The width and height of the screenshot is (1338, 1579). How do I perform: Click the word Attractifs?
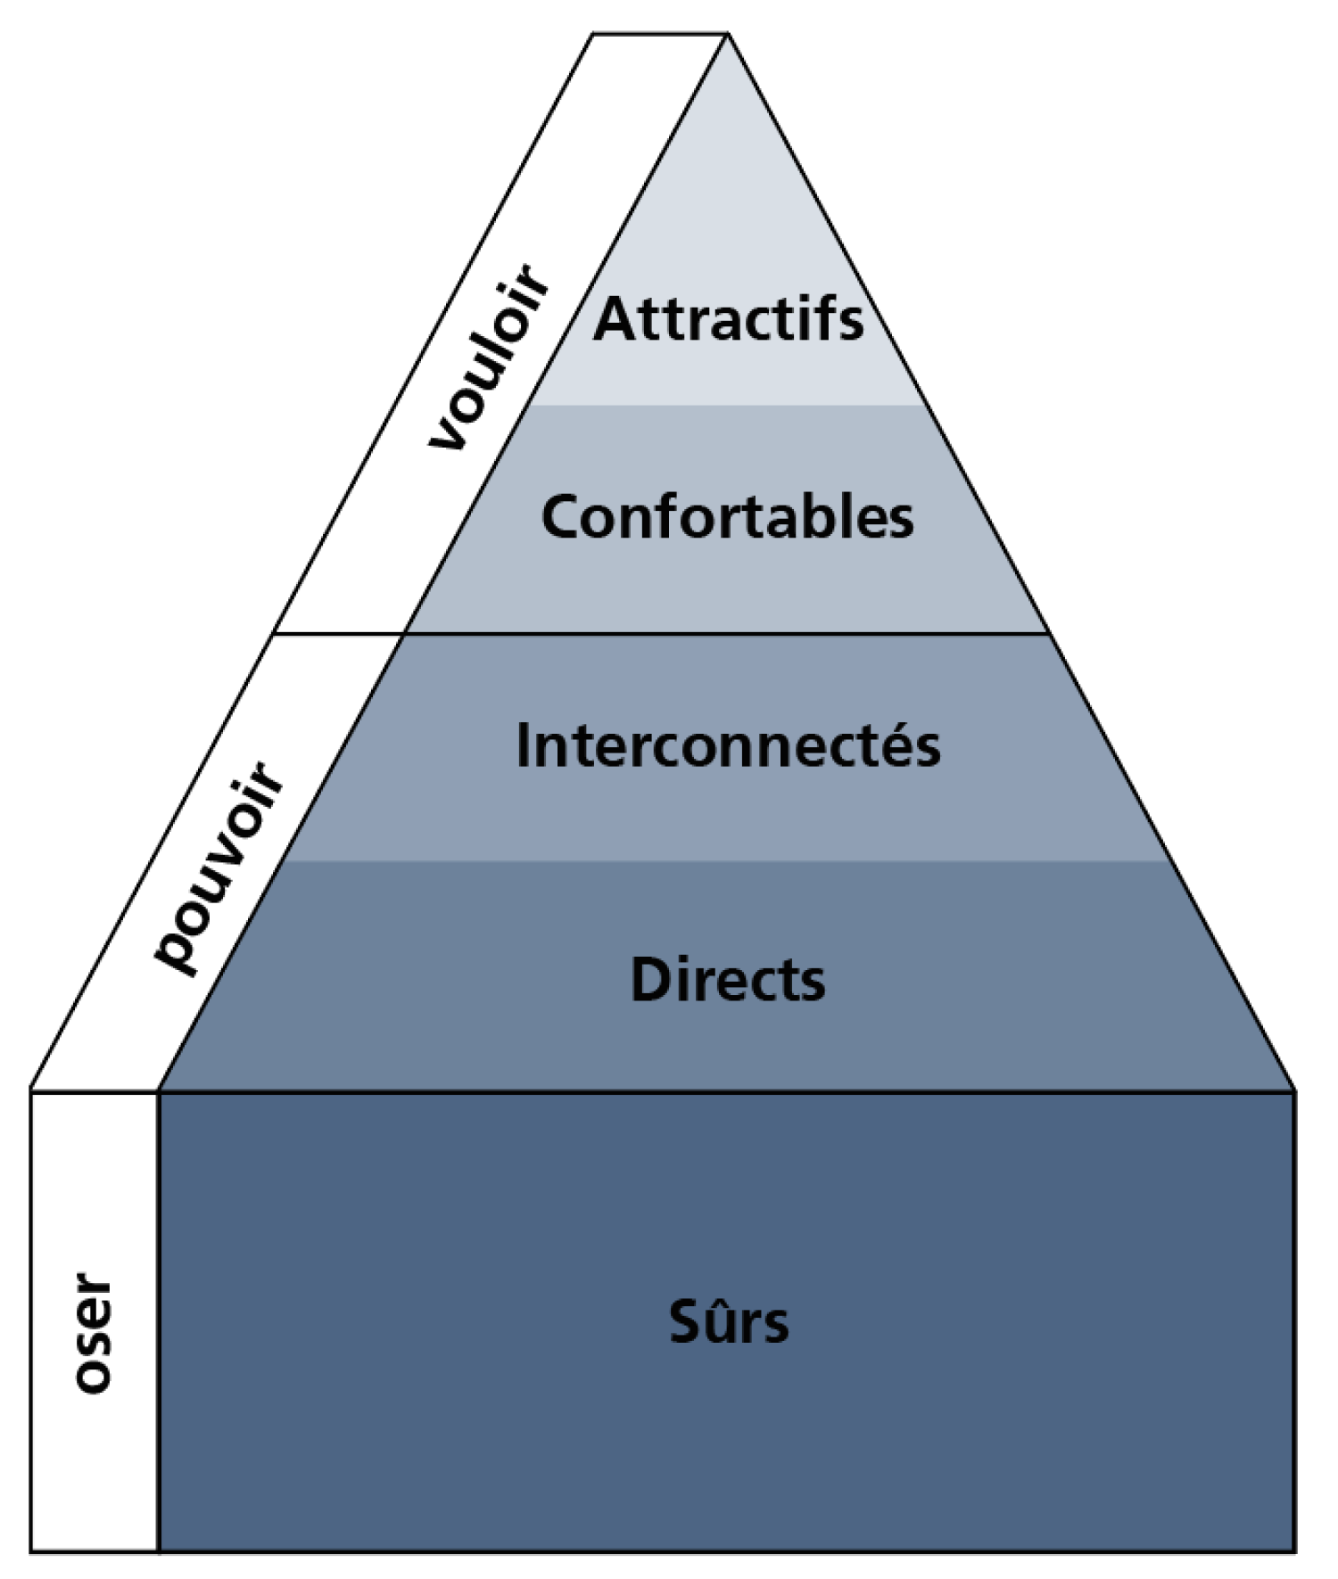[x=728, y=318]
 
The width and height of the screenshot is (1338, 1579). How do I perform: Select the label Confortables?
[x=727, y=516]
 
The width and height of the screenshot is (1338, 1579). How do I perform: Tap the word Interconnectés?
[x=728, y=744]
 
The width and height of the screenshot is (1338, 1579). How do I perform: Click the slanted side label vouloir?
[x=489, y=357]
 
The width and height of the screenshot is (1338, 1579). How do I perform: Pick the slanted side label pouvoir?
[x=219, y=867]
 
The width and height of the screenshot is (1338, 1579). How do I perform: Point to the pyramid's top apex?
[x=728, y=34]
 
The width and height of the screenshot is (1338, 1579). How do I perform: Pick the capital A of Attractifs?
[x=614, y=318]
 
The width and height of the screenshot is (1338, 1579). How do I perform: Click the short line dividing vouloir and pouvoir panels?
[x=340, y=634]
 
